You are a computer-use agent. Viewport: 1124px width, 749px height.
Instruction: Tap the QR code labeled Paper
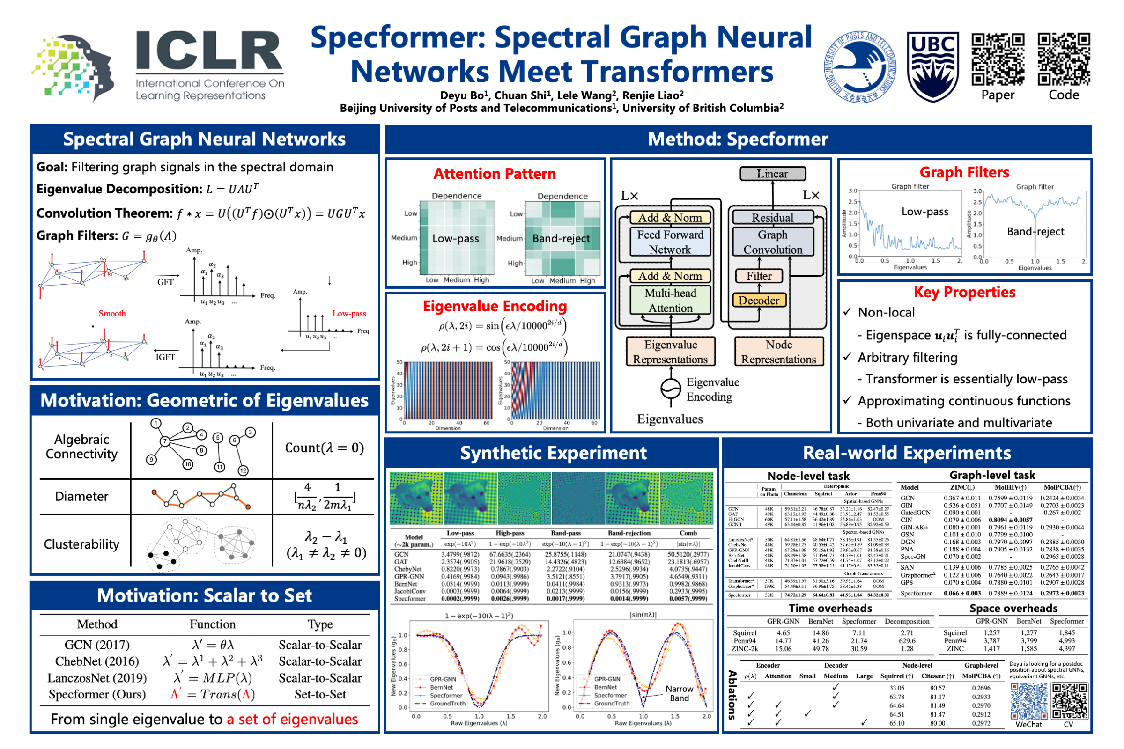tap(998, 59)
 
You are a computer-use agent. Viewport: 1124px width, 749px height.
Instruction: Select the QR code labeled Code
tap(1063, 59)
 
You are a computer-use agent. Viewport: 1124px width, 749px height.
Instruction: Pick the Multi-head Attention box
tap(670, 300)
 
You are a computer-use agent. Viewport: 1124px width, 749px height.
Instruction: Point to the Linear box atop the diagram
tap(772, 173)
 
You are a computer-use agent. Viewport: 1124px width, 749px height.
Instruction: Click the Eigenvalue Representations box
tap(670, 352)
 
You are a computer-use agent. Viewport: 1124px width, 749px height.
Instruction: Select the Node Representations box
tap(778, 352)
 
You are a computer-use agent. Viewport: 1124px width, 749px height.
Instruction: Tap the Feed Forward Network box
tap(670, 242)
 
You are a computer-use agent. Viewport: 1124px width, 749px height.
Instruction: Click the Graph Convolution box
tap(772, 242)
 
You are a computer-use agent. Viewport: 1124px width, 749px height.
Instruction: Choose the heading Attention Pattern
tap(495, 173)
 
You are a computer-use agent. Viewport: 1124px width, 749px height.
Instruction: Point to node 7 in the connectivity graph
tap(165, 441)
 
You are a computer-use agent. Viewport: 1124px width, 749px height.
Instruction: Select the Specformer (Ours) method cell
tap(97, 694)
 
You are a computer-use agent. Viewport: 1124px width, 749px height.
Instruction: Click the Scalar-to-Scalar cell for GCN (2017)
tap(320, 645)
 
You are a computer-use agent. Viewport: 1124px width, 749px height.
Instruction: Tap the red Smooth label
tap(112, 313)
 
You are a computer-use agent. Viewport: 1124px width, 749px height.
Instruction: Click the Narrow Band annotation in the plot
tap(679, 693)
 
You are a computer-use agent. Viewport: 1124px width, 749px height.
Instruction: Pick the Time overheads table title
tap(830, 608)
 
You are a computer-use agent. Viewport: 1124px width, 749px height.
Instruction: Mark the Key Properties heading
tap(964, 292)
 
